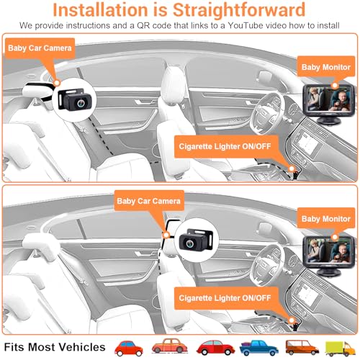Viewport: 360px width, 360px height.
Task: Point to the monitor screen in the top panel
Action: click(x=325, y=94)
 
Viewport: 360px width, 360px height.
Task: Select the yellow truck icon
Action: click(x=339, y=346)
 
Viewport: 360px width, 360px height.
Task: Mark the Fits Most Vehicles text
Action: click(x=53, y=346)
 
